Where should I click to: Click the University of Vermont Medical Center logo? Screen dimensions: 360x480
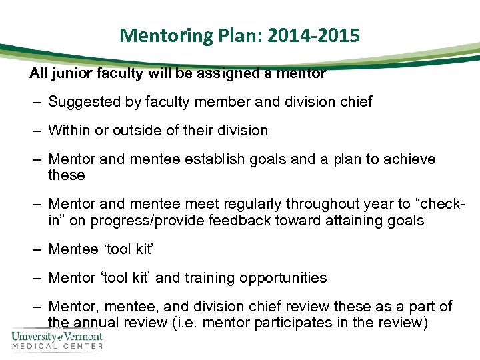coord(57,339)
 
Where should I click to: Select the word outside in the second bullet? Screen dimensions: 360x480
coord(137,131)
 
